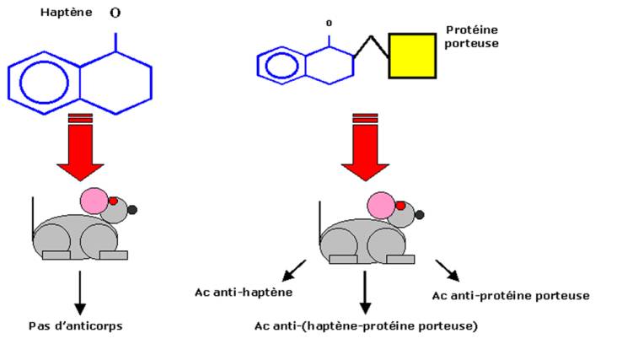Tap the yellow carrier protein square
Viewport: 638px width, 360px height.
click(412, 55)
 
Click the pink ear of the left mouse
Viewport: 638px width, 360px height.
click(94, 201)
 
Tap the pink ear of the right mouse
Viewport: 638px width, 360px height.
click(381, 205)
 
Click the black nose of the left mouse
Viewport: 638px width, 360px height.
click(132, 209)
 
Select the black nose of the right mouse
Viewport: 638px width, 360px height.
click(419, 215)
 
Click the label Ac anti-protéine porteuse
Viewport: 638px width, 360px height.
click(510, 295)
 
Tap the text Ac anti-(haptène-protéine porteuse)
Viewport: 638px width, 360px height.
click(365, 325)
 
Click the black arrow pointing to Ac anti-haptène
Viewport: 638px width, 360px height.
click(293, 271)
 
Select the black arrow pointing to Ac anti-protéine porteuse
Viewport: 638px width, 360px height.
click(448, 270)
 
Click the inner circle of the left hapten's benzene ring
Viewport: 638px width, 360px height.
click(38, 82)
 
